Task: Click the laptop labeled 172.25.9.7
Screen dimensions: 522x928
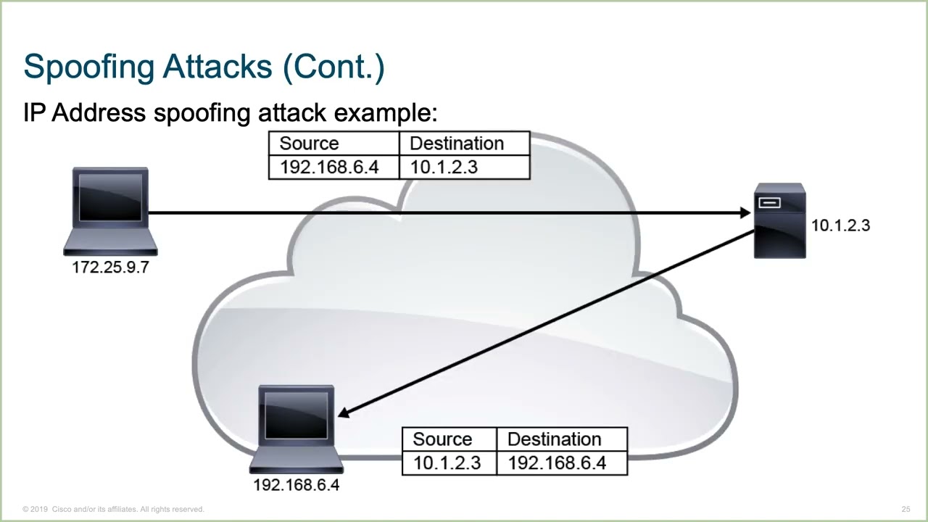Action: click(110, 210)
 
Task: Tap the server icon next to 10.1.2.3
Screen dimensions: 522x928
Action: click(779, 220)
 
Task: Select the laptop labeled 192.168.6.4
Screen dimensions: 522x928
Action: click(296, 428)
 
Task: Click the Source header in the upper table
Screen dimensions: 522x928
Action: click(309, 144)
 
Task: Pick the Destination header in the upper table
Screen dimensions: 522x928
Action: click(457, 144)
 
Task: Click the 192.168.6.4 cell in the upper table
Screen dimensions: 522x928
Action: click(329, 167)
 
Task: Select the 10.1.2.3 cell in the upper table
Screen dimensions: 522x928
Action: click(444, 167)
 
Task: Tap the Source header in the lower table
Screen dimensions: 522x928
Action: click(442, 439)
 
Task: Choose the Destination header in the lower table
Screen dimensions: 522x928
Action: click(554, 439)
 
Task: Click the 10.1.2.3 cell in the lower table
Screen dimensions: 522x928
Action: click(447, 463)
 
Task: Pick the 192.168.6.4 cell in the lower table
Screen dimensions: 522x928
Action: click(557, 463)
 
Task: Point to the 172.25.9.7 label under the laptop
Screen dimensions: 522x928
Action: click(110, 268)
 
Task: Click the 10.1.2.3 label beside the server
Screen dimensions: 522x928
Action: click(840, 225)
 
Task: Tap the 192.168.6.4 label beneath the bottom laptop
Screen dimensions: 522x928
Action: click(296, 485)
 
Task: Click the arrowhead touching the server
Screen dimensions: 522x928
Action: click(745, 212)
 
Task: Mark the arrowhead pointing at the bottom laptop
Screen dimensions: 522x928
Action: click(344, 413)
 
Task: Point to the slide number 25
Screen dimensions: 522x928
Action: click(906, 509)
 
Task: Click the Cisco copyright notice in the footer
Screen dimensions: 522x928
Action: click(114, 509)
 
